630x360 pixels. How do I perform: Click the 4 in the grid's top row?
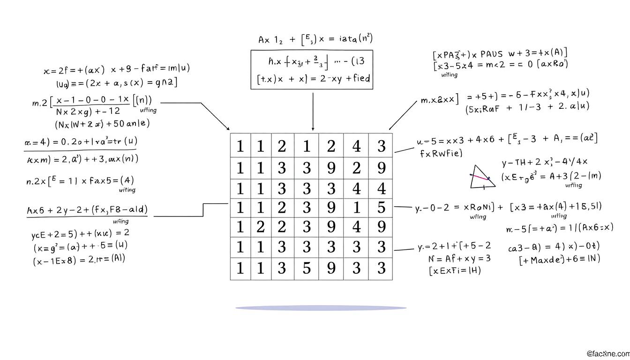(356, 146)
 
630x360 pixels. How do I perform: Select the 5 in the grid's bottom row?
(306, 268)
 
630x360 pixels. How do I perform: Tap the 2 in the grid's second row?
(356, 168)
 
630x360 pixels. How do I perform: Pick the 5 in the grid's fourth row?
(381, 207)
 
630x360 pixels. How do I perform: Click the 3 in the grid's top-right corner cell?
(381, 146)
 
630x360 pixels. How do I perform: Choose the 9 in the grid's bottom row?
(331, 268)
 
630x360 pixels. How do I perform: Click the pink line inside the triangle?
(480, 177)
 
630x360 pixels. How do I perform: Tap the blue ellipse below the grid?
(321, 308)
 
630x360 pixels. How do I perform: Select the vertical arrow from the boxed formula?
(313, 111)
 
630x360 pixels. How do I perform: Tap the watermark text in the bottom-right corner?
(607, 353)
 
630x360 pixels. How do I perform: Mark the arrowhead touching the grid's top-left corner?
(228, 128)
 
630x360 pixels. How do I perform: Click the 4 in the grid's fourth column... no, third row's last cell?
(381, 188)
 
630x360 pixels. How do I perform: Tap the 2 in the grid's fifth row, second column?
(260, 227)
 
